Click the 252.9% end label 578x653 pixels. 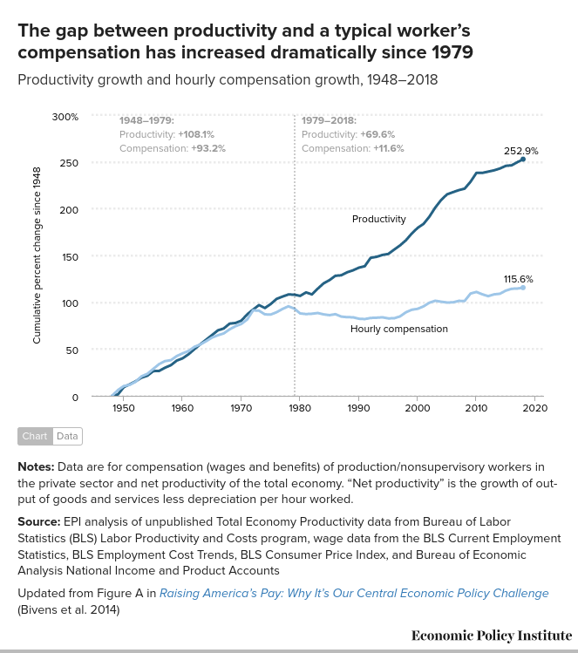tap(520, 151)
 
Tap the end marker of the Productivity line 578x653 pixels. tap(523, 159)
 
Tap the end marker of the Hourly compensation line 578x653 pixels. tap(523, 287)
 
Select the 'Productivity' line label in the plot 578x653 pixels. tap(378, 219)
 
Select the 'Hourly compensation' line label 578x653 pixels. tap(398, 329)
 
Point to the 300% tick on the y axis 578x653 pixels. tap(65, 116)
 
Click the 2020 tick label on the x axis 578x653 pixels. tap(534, 407)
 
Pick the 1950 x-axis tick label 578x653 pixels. tap(123, 407)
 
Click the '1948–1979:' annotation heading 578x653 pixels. tap(146, 120)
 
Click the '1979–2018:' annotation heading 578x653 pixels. tap(329, 120)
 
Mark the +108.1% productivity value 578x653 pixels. tap(196, 134)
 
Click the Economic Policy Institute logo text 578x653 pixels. tap(492, 635)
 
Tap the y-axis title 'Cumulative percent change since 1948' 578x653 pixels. tap(37, 255)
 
